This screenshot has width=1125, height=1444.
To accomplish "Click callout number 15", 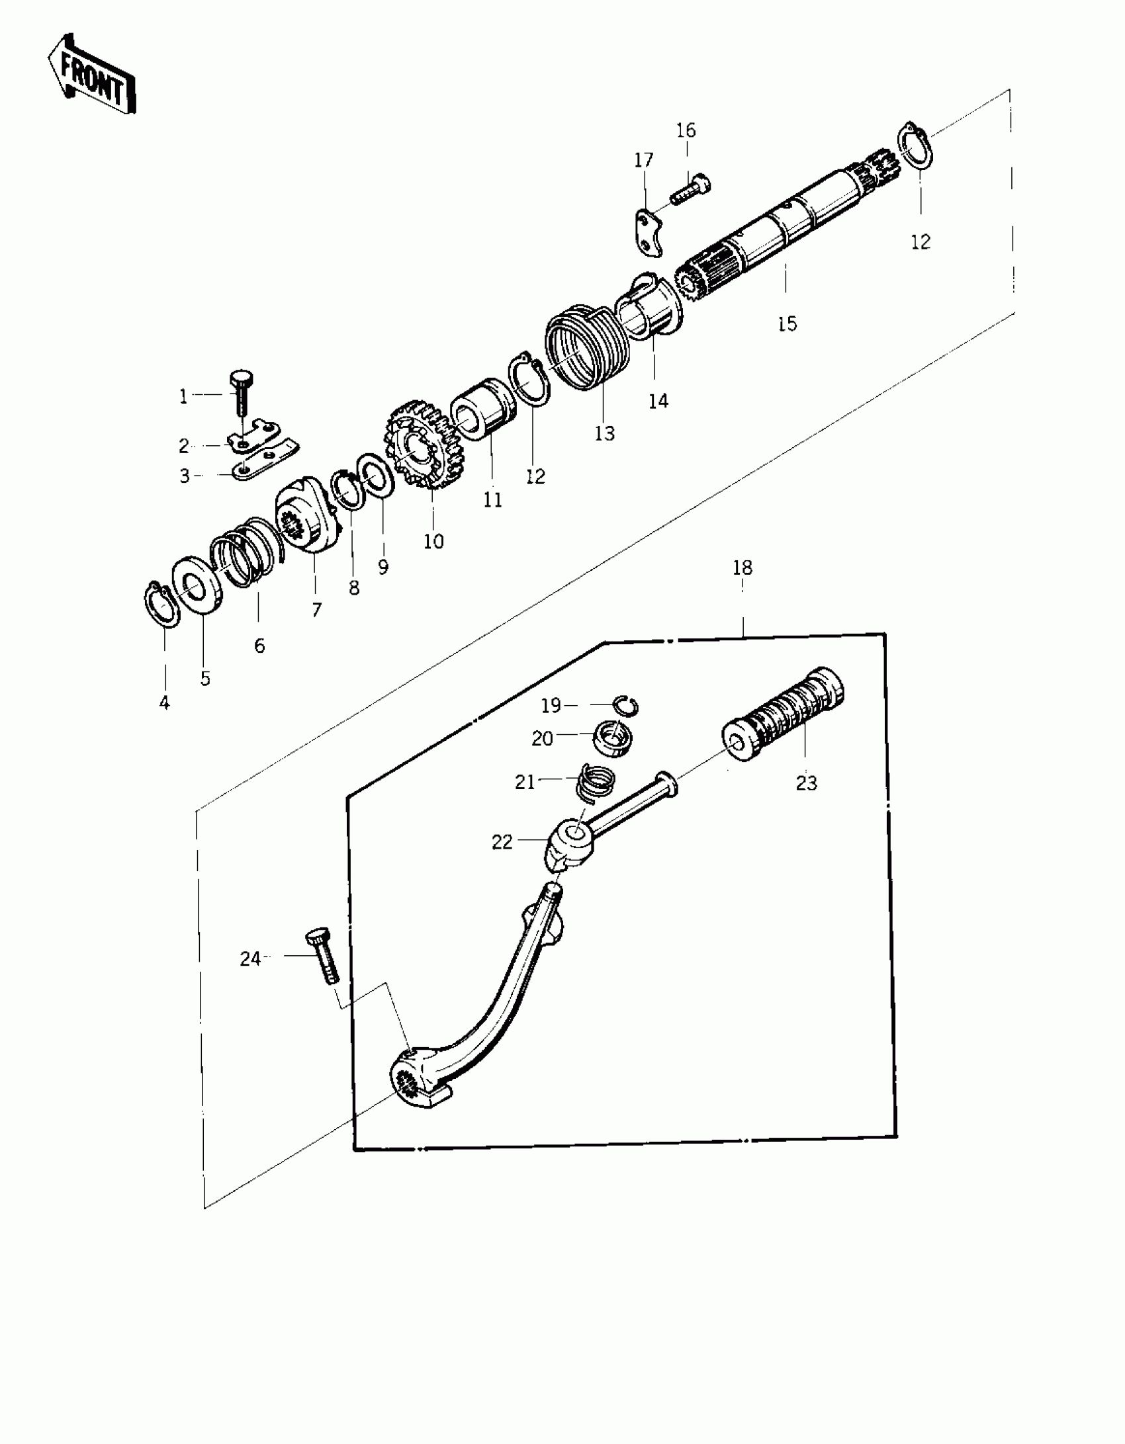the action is point(787,324).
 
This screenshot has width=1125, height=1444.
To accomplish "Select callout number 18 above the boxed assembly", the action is point(742,568).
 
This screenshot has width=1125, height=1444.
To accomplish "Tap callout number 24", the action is point(249,958).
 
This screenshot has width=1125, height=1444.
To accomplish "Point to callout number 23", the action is point(806,783).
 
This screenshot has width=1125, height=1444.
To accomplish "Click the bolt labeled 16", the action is point(691,187).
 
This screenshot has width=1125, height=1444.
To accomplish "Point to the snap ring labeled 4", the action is point(161,601).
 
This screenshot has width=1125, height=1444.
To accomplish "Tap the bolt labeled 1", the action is point(239,394).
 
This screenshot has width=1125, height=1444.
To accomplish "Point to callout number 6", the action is point(259,646).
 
